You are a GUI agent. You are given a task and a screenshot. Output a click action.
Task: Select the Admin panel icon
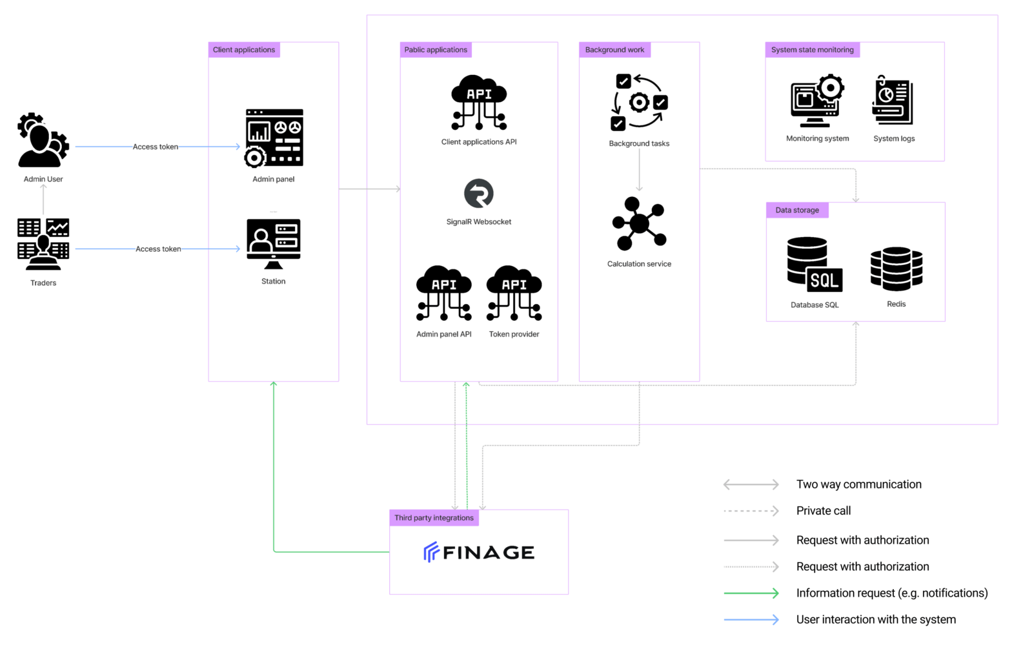pyautogui.click(x=274, y=138)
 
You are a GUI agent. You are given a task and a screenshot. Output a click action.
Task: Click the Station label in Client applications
pyautogui.click(x=274, y=282)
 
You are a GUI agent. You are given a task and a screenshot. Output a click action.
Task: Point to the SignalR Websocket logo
pyautogui.click(x=479, y=194)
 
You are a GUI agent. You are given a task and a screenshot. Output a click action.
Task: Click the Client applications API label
pyautogui.click(x=479, y=142)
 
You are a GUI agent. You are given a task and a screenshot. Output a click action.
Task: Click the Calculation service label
pyautogui.click(x=639, y=264)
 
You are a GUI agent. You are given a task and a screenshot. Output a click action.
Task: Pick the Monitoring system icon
pyautogui.click(x=817, y=102)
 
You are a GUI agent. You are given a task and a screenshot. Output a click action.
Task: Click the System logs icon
pyautogui.click(x=894, y=102)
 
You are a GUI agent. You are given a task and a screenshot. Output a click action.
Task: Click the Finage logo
pyautogui.click(x=479, y=552)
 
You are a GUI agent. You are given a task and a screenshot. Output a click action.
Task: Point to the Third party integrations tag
pyautogui.click(x=434, y=518)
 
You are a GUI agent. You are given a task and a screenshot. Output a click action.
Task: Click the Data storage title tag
pyautogui.click(x=797, y=211)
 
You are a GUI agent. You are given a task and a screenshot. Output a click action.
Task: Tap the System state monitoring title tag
pyautogui.click(x=812, y=50)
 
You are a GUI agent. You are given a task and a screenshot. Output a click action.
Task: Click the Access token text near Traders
pyautogui.click(x=159, y=249)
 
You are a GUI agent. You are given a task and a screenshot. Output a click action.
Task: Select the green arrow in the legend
pyautogui.click(x=751, y=593)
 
